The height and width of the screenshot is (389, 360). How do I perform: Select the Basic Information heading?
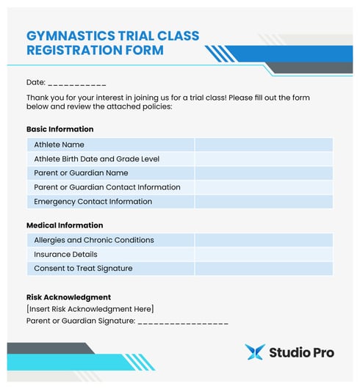60,129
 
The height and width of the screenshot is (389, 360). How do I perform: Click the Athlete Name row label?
59,145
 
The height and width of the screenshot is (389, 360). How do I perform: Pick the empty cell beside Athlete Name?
263,145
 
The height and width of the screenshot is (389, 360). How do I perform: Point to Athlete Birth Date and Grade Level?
96,159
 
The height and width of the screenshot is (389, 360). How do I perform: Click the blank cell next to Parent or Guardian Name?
263,173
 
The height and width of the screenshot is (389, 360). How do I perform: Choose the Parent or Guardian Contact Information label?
107,187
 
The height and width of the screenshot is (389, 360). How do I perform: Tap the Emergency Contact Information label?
93,201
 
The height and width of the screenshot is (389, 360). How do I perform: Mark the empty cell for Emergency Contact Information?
263,201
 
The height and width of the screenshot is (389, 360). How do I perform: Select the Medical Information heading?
65,225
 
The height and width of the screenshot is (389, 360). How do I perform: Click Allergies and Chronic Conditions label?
94,240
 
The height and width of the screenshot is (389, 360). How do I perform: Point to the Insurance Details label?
65,254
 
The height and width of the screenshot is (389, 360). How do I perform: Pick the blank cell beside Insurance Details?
263,254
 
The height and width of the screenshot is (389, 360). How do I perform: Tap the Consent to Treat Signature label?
83,268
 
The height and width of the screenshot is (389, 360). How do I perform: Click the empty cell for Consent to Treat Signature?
263,268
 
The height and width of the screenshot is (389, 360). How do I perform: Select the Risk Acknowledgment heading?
68,297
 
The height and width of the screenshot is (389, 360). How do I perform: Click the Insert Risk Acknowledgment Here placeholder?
90,309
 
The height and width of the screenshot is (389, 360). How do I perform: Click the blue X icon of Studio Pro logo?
255,352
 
